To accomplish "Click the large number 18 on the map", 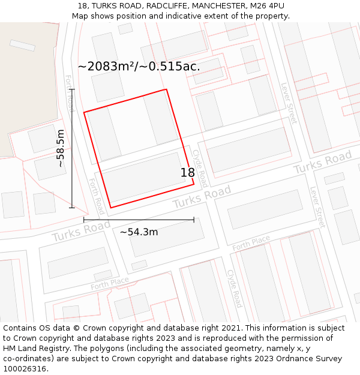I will click(x=188, y=173).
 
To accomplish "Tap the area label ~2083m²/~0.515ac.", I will click(x=139, y=67).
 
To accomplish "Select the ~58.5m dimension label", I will click(x=60, y=148).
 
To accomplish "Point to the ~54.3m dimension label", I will click(x=139, y=232).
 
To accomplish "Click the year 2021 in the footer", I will click(x=231, y=328).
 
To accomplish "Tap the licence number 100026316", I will click(x=26, y=369).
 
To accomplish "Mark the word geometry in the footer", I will click(x=246, y=349).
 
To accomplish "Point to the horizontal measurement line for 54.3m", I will click(x=139, y=220).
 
